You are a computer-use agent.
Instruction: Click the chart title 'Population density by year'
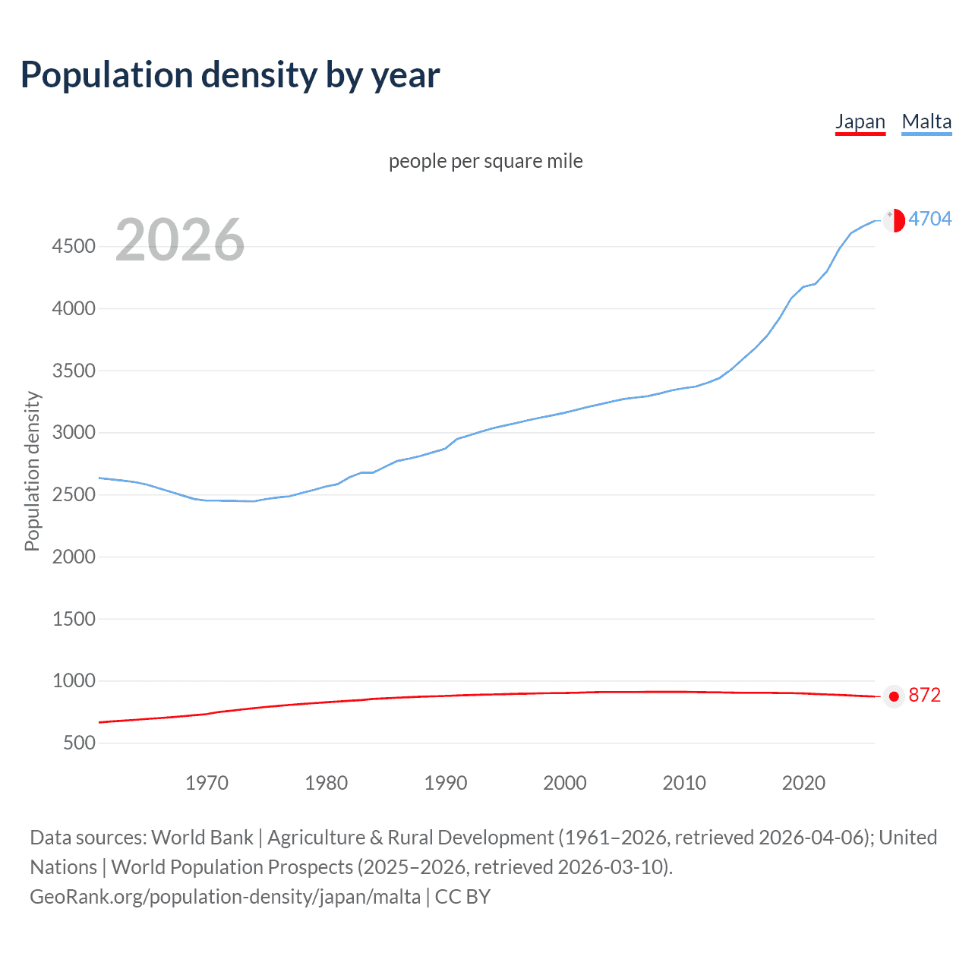pyautogui.click(x=230, y=75)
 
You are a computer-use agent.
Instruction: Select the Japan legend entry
pyautogui.click(x=860, y=121)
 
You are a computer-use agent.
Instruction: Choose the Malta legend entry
pyautogui.click(x=926, y=121)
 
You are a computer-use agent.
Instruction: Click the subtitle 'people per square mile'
pyautogui.click(x=485, y=161)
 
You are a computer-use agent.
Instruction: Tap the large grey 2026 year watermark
pyautogui.click(x=180, y=240)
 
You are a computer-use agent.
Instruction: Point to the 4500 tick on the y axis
pyautogui.click(x=74, y=246)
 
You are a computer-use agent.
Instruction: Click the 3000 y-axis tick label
pyautogui.click(x=74, y=432)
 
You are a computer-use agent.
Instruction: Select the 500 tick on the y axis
pyautogui.click(x=80, y=743)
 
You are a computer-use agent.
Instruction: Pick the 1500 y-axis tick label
pyautogui.click(x=74, y=619)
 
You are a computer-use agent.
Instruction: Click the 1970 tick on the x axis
pyautogui.click(x=207, y=783)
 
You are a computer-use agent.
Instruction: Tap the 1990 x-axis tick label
pyautogui.click(x=446, y=783)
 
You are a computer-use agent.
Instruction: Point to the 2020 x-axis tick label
pyautogui.click(x=803, y=783)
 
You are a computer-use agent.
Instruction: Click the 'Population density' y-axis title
pyautogui.click(x=32, y=471)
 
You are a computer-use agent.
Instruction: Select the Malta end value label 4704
pyautogui.click(x=929, y=219)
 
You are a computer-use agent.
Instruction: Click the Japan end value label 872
pyautogui.click(x=924, y=696)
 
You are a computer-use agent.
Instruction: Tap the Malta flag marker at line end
pyautogui.click(x=895, y=220)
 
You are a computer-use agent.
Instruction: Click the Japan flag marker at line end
pyautogui.click(x=894, y=696)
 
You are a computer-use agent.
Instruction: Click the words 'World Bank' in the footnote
pyautogui.click(x=202, y=838)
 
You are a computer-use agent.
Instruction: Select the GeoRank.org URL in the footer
pyautogui.click(x=225, y=897)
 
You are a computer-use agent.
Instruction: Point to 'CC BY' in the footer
pyautogui.click(x=462, y=897)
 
